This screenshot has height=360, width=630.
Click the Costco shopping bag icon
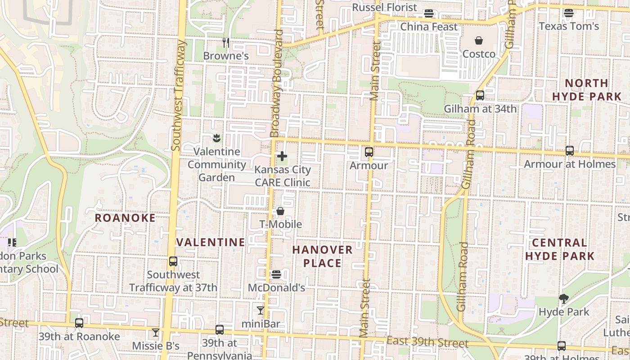tap(479, 41)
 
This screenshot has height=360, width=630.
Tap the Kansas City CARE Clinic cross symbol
tap(282, 157)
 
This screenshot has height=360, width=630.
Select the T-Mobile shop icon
tap(280, 211)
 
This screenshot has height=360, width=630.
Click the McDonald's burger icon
tap(276, 274)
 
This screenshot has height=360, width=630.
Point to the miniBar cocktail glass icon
tap(261, 310)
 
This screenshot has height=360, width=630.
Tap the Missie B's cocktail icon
tap(156, 333)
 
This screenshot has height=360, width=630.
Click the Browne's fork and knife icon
tap(226, 43)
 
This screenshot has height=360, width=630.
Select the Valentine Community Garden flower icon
tap(217, 138)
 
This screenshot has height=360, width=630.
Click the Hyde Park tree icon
tap(563, 298)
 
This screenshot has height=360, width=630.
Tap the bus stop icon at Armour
tap(369, 152)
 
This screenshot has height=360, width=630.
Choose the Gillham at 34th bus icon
tap(480, 95)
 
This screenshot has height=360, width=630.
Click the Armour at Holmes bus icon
tap(570, 151)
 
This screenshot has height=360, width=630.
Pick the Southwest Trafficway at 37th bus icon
tap(173, 261)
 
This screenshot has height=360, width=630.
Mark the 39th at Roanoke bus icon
tap(79, 323)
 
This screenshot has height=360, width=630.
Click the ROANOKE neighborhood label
tap(125, 218)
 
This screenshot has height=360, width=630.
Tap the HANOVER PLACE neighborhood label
tap(322, 256)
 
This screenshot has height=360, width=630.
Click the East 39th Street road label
tap(427, 342)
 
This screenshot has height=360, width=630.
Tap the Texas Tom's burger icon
tap(569, 13)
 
